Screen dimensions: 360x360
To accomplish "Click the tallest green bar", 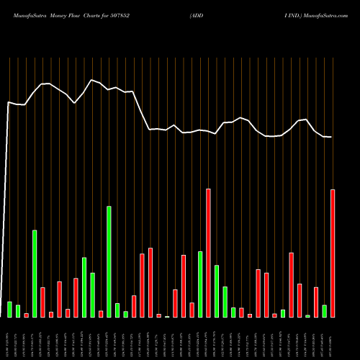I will [x=109, y=261].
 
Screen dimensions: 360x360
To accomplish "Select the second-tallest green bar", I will [x=35, y=274].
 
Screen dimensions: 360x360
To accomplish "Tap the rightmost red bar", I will [x=333, y=253].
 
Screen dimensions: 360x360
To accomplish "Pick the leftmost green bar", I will [x=10, y=309].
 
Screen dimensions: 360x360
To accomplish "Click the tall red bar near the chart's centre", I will [x=208, y=253].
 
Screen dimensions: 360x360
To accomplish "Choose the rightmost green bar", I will [x=324, y=311].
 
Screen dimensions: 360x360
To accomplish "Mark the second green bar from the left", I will [x=18, y=311].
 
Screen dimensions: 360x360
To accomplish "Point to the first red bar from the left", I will [x=27, y=315].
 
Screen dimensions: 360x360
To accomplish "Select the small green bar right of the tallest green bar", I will [x=117, y=310].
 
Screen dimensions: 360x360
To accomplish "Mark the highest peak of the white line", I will [x=91, y=80].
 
